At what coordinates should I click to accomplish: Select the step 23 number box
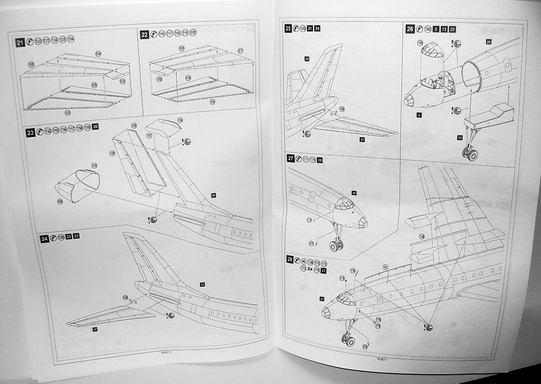tap(30, 131)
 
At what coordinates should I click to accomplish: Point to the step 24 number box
tap(44, 238)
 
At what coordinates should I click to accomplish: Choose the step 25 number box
tap(288, 28)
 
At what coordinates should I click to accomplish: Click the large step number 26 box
tap(410, 29)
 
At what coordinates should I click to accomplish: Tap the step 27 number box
tap(291, 158)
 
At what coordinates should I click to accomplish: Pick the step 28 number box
tap(290, 260)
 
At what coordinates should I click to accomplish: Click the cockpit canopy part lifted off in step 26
tap(431, 52)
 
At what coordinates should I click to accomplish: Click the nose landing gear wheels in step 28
tap(347, 340)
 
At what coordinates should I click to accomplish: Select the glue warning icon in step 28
tap(428, 327)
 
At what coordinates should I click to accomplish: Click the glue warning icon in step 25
tap(307, 134)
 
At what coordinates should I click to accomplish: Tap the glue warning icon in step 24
tap(171, 314)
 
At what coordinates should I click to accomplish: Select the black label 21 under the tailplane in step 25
tap(362, 140)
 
